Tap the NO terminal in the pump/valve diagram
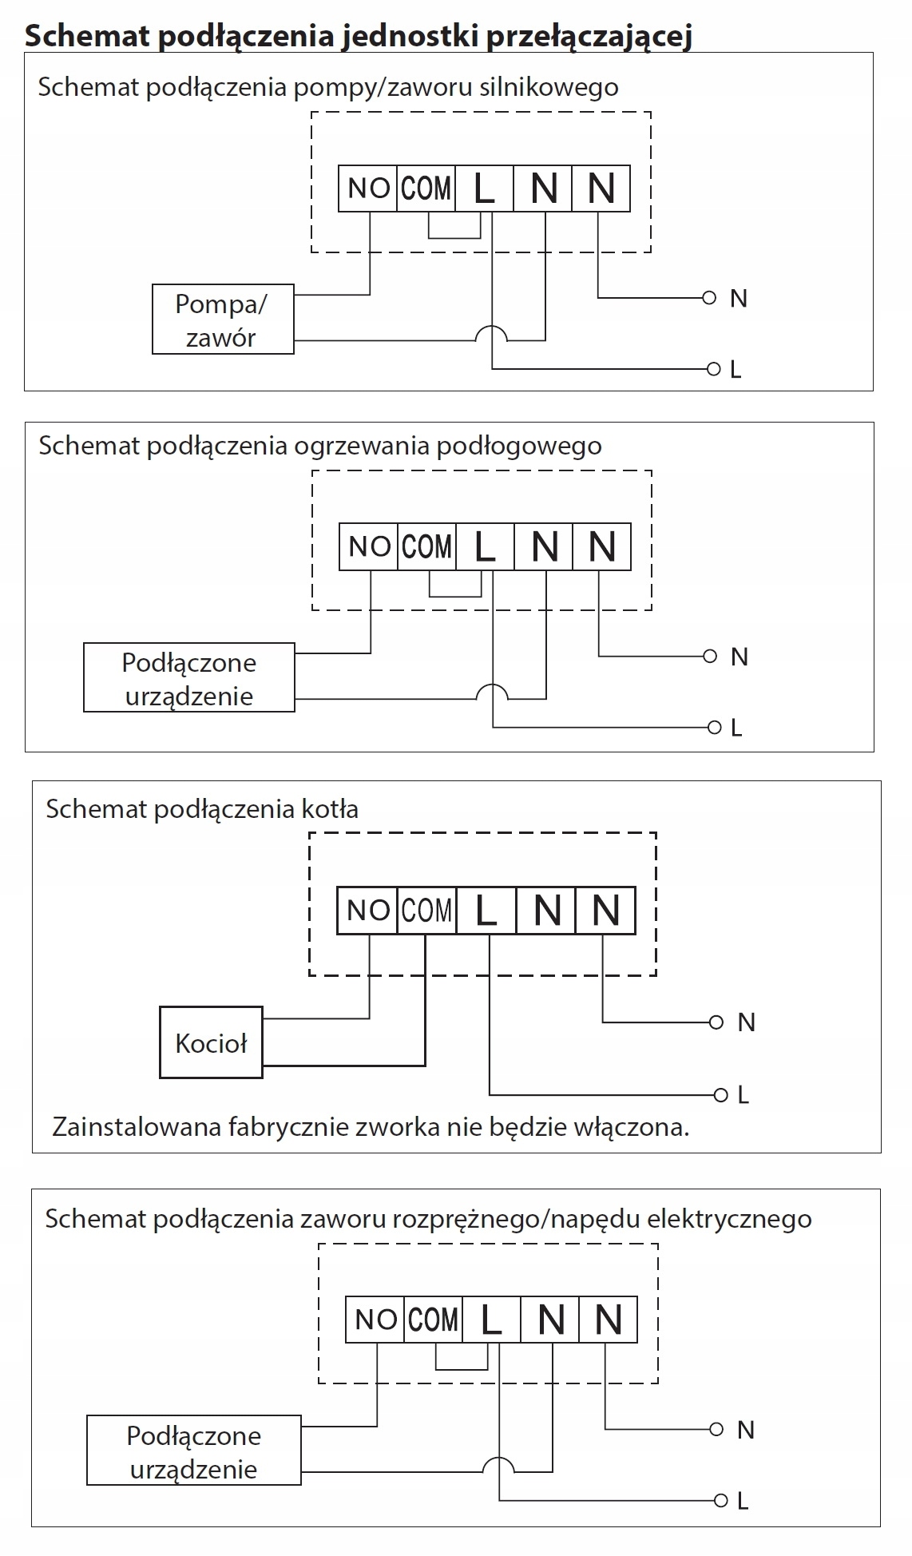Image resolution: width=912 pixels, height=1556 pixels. (367, 189)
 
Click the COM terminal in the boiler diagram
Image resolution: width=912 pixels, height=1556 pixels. (426, 911)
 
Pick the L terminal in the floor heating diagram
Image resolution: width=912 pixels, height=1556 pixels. (485, 547)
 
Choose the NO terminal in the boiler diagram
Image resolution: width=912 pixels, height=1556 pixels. (367, 911)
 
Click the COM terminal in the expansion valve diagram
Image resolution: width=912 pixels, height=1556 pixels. (434, 1320)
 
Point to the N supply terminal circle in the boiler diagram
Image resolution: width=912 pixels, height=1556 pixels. (716, 1022)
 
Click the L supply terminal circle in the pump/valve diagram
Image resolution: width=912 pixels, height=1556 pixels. (714, 369)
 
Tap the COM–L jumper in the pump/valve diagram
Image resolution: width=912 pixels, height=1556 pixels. (454, 237)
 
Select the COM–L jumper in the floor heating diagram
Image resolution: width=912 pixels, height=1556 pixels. (455, 596)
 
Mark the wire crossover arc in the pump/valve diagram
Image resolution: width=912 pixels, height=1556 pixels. (491, 327)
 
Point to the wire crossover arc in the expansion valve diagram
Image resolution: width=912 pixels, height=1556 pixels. (498, 1459)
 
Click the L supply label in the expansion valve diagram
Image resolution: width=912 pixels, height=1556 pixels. (743, 1501)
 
